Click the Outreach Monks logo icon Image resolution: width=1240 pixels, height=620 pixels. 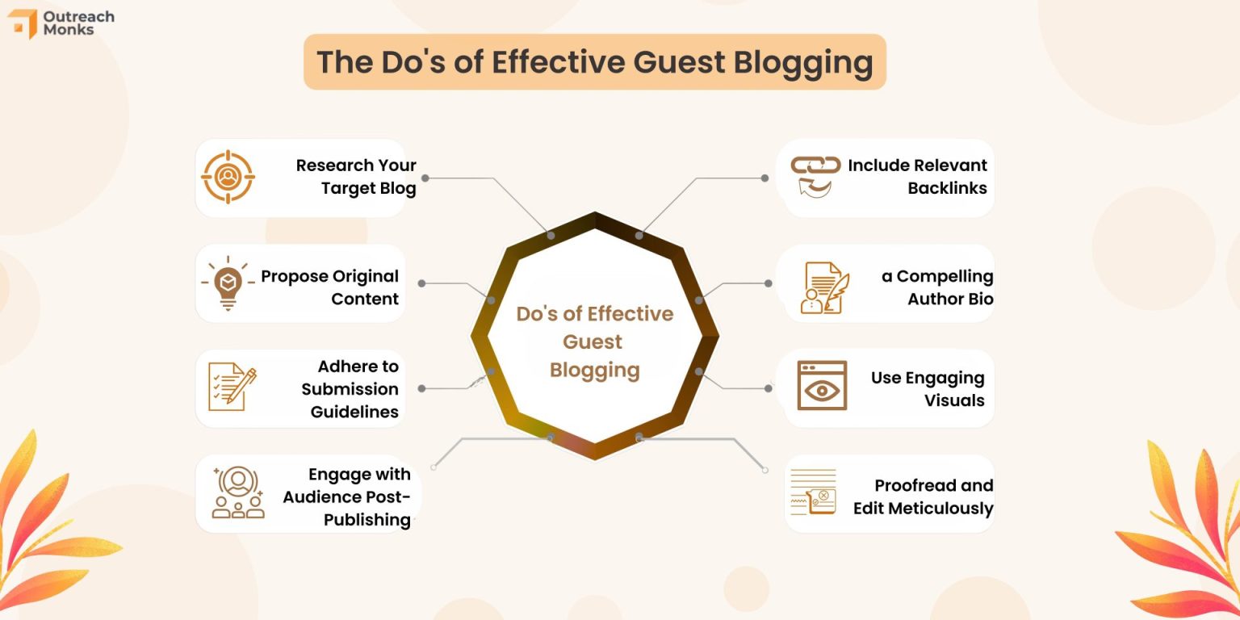click(x=23, y=23)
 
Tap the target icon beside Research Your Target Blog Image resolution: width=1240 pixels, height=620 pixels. click(x=228, y=176)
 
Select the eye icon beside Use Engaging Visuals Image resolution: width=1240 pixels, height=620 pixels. click(x=822, y=386)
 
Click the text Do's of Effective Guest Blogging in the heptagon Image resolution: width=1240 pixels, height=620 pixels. click(x=595, y=341)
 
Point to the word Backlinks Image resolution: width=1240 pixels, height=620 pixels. click(x=947, y=188)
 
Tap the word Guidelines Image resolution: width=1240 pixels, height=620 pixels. click(x=354, y=412)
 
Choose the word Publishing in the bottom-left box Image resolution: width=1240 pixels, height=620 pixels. click(x=367, y=520)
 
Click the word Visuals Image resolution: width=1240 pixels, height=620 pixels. click(x=955, y=400)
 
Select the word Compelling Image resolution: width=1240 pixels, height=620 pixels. click(x=945, y=276)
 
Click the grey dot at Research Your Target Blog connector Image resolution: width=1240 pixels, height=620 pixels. click(x=425, y=178)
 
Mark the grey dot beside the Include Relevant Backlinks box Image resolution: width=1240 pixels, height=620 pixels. click(x=765, y=178)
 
